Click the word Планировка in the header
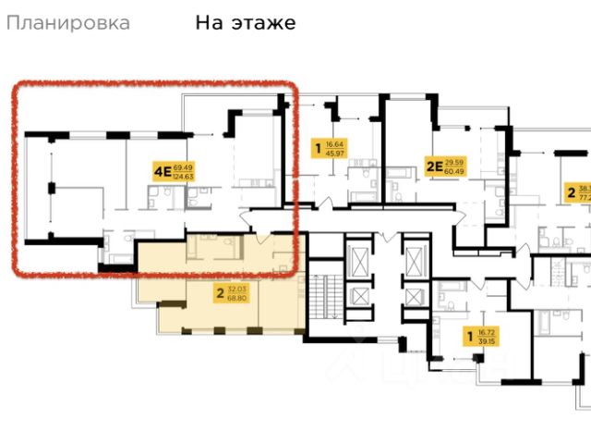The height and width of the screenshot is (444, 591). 68,23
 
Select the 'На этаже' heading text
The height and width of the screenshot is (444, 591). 245,23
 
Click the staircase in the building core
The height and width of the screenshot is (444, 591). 321,296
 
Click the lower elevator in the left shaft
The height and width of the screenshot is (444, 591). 357,298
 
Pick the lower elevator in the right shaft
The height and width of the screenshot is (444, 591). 415,298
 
